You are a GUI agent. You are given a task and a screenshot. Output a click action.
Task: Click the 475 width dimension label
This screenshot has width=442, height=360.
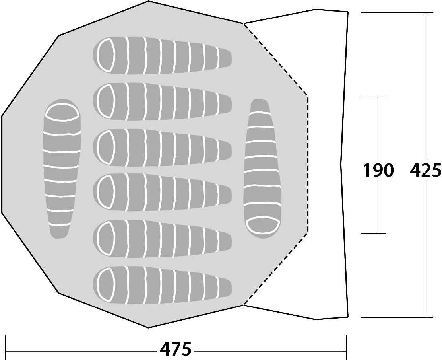pos(176,350)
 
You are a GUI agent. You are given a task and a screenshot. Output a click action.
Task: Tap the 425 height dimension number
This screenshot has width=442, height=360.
pos(426,170)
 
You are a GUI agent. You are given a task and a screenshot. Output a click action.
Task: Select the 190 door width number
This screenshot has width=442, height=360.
pos(378,170)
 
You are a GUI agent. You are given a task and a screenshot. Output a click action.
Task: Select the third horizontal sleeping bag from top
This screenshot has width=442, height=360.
pos(162,146)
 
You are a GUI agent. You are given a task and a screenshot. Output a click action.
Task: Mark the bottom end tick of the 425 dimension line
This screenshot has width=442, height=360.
pos(426,317)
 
